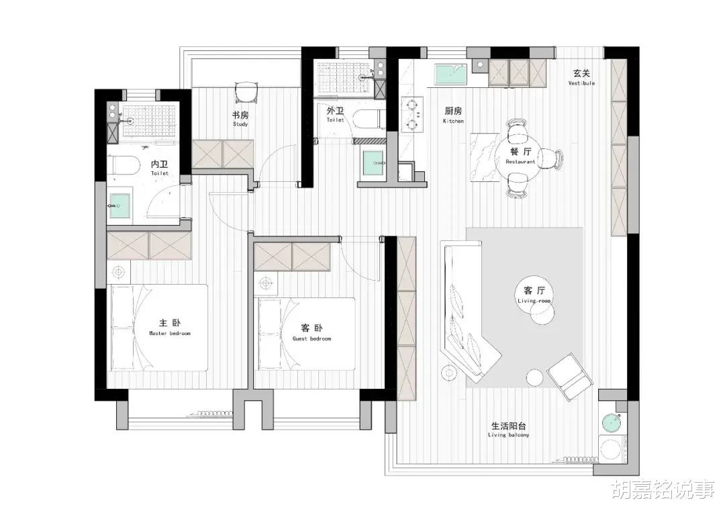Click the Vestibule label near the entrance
[581, 77]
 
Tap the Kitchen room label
[453, 115]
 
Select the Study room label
[240, 118]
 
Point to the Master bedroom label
[170, 327]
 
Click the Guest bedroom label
[311, 332]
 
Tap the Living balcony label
[508, 429]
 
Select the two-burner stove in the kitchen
[412, 115]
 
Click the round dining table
[521, 157]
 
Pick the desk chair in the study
[246, 92]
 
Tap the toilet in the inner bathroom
[124, 165]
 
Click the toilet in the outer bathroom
[367, 118]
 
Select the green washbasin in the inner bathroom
[119, 205]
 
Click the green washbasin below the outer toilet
[375, 163]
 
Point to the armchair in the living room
[570, 377]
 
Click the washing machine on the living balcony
[612, 448]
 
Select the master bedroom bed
[159, 328]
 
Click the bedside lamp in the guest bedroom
[265, 283]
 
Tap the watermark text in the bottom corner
[664, 489]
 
